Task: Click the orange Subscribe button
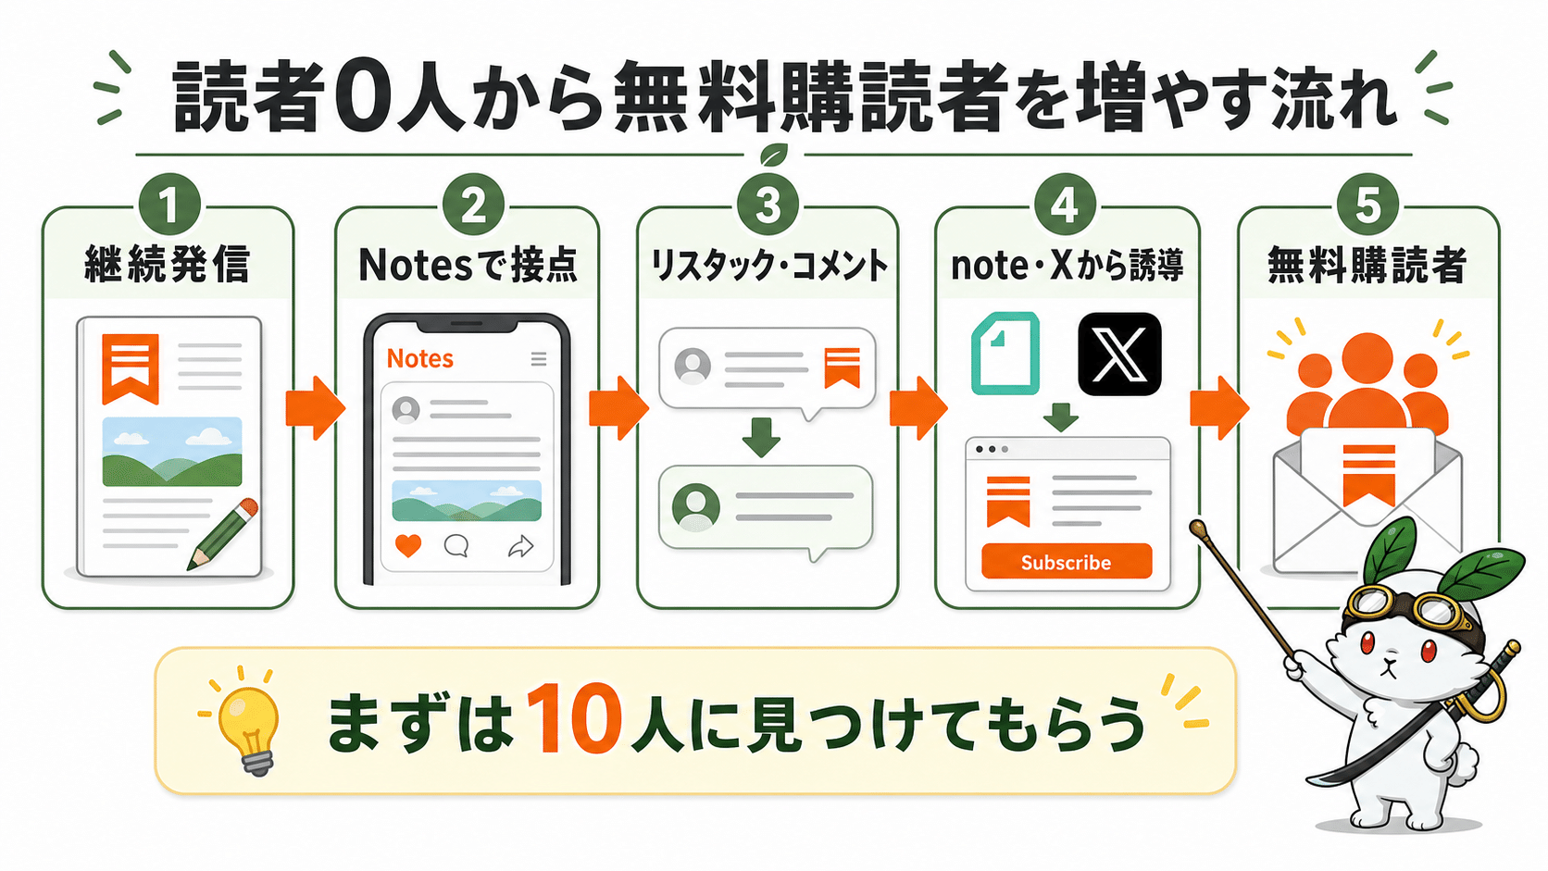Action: [1067, 561]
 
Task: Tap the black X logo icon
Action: [1118, 354]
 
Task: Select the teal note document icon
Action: [1005, 353]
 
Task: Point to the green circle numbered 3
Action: [768, 205]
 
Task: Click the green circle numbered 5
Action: [1367, 205]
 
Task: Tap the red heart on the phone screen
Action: [407, 546]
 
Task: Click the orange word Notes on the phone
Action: [419, 358]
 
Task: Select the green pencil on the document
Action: [222, 535]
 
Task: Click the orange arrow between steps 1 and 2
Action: [315, 407]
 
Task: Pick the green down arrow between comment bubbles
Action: [761, 437]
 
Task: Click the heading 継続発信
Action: [167, 265]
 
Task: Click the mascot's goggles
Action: [1399, 608]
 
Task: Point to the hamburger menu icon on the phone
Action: [538, 358]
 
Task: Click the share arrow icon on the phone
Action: [521, 546]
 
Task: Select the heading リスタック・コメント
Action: [768, 266]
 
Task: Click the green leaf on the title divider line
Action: [774, 154]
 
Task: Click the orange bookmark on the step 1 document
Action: [131, 368]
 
